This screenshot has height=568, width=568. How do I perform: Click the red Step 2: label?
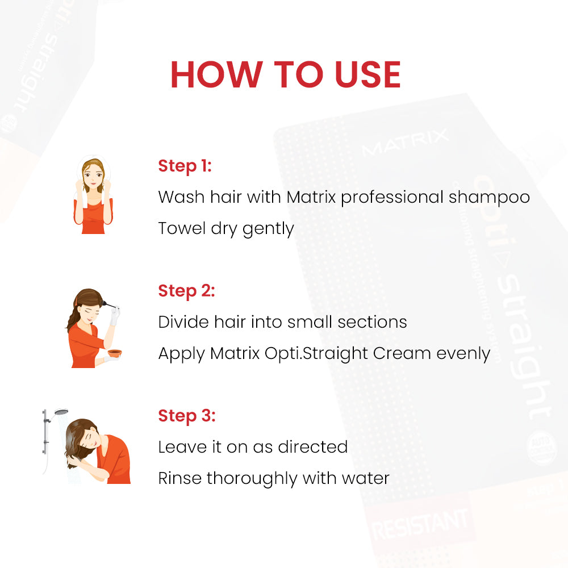186,291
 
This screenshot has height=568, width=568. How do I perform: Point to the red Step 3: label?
186,416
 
